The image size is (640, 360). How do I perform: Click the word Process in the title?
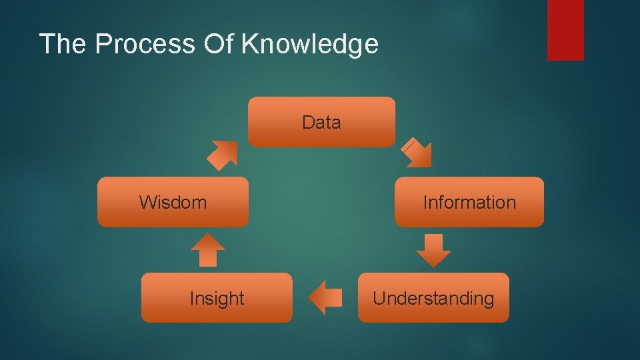[143, 44]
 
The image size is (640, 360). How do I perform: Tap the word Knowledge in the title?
[310, 44]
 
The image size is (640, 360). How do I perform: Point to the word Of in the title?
[219, 44]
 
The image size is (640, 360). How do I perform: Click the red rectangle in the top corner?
[565, 30]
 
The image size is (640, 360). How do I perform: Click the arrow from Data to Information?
[419, 153]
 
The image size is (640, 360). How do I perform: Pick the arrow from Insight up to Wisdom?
[208, 250]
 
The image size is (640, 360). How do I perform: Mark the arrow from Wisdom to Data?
[222, 155]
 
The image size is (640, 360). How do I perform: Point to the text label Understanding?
[433, 299]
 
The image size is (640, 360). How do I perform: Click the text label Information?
[469, 203]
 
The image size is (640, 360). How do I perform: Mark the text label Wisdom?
[173, 202]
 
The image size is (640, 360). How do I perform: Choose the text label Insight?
[217, 299]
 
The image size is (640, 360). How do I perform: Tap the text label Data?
[321, 123]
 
